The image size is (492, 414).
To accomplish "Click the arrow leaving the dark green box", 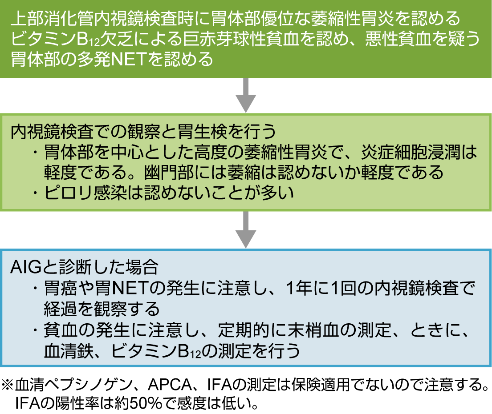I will [246, 95].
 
